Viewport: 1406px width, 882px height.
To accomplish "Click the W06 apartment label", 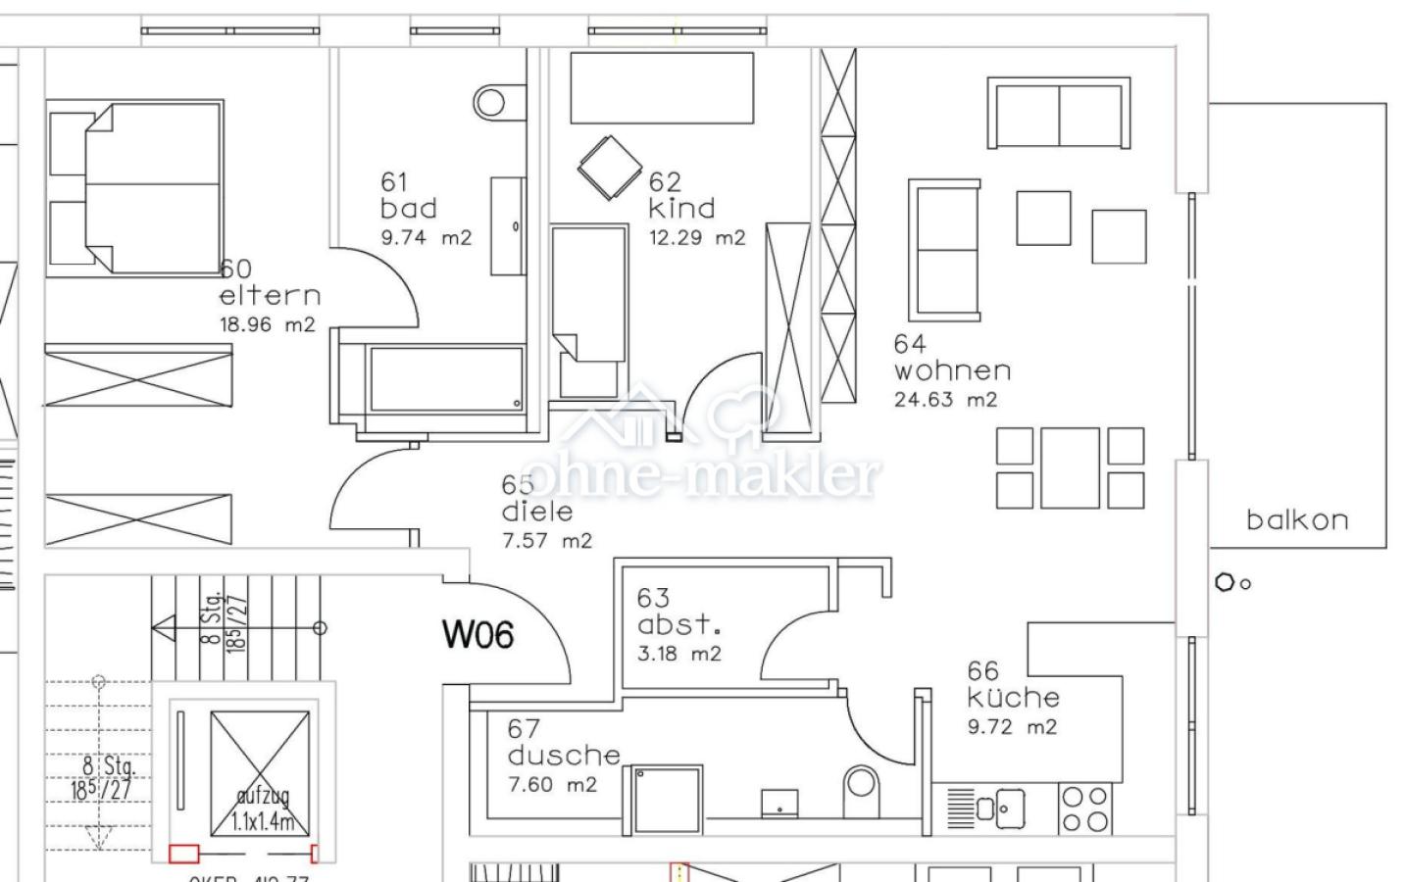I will tap(477, 635).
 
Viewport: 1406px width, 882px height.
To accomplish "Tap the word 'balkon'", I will tap(1296, 519).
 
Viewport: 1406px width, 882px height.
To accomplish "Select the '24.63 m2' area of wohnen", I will tap(945, 400).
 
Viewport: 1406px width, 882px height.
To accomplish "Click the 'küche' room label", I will tap(1013, 698).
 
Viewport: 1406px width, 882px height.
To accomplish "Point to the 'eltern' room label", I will tap(270, 295).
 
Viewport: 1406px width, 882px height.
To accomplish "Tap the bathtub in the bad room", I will tap(446, 379).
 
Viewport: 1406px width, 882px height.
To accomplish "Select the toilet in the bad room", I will tap(489, 101).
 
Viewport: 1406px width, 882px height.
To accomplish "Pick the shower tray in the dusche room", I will tap(667, 800).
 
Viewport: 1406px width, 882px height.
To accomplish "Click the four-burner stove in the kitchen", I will tap(1084, 809).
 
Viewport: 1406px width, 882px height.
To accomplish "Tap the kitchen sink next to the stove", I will tap(1005, 808).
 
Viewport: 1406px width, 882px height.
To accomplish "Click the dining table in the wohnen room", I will tap(1070, 466).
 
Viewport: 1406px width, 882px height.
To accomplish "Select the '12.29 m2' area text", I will tap(696, 237).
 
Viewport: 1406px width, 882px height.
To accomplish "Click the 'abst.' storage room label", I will tap(678, 624).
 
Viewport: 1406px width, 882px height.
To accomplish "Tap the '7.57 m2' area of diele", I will tap(547, 540).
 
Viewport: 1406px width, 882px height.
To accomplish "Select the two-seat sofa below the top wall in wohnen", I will tap(1059, 114).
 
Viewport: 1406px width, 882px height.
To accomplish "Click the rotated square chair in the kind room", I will tap(609, 169).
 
